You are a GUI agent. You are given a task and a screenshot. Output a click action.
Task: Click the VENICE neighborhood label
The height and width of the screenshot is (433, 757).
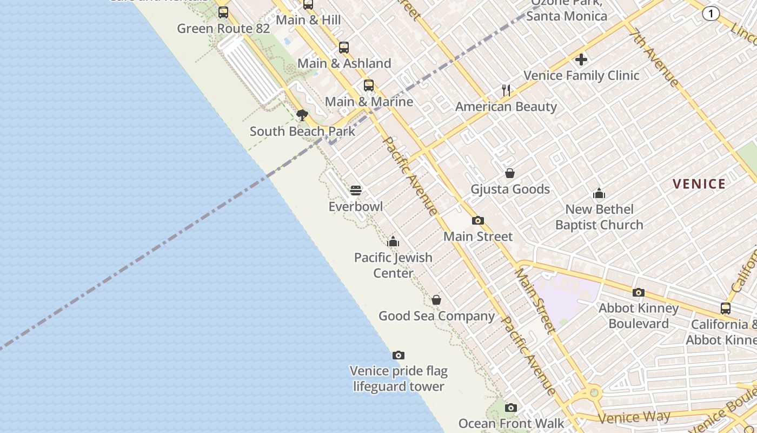(x=699, y=184)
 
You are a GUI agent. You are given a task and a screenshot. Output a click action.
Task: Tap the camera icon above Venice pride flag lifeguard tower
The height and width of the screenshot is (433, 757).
(x=399, y=355)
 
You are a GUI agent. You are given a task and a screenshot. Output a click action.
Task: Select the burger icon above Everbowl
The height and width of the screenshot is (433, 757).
(x=356, y=191)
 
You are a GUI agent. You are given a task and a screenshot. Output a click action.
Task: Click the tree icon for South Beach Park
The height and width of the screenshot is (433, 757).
(x=302, y=115)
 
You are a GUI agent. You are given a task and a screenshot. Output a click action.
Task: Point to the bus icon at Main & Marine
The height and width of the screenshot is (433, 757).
(x=369, y=86)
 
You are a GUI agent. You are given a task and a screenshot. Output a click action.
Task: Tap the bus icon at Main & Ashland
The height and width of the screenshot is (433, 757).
(x=344, y=48)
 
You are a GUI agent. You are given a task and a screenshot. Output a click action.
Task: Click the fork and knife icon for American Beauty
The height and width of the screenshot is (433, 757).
(x=506, y=90)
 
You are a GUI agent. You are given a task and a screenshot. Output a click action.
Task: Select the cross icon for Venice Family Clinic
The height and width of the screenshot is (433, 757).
(x=581, y=60)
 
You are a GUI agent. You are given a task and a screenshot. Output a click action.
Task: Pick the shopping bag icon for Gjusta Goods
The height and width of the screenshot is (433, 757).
(x=510, y=173)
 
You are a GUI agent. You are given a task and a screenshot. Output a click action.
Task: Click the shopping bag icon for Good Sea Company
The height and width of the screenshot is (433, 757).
(x=436, y=300)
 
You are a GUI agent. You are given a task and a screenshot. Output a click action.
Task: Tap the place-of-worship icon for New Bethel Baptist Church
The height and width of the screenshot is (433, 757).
(x=599, y=193)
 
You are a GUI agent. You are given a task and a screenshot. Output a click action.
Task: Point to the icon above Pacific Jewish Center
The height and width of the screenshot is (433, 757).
(x=393, y=241)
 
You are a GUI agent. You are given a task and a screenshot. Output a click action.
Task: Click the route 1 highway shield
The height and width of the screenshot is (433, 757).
(x=711, y=14)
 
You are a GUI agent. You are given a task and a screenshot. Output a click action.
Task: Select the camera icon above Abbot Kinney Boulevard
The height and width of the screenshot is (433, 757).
(x=639, y=292)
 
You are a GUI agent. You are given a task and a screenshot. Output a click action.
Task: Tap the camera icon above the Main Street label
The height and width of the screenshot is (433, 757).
(x=478, y=220)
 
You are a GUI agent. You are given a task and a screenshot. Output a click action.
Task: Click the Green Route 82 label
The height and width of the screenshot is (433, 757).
(x=223, y=29)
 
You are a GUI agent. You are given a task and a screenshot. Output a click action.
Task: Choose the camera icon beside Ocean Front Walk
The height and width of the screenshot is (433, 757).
(x=511, y=408)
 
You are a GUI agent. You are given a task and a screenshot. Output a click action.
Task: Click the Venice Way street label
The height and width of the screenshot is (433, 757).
(x=634, y=417)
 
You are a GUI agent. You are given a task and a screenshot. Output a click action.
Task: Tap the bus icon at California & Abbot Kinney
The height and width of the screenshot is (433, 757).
(x=726, y=309)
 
